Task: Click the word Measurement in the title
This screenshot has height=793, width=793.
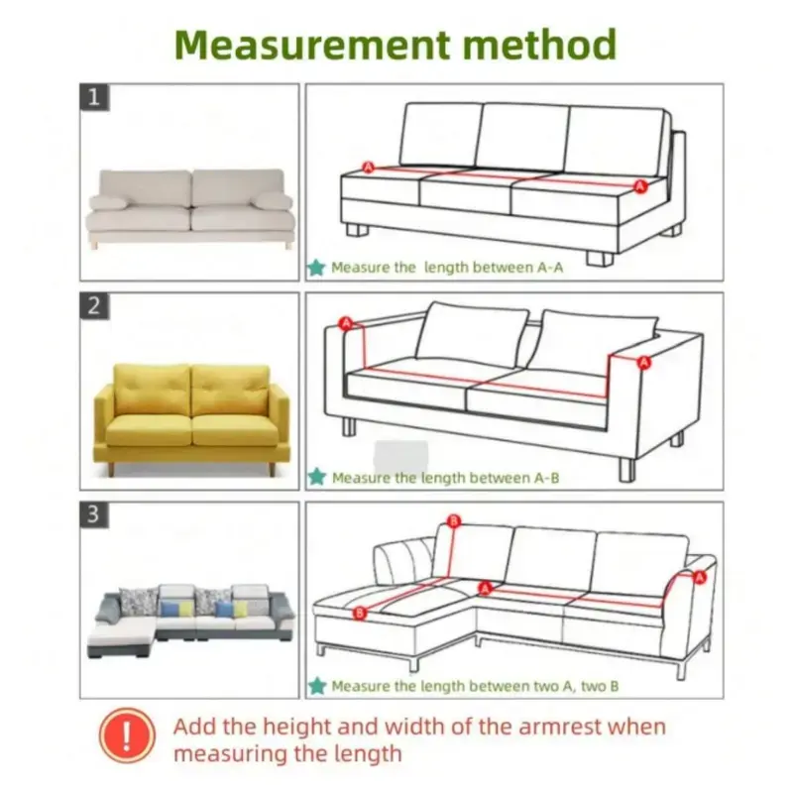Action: pos(312,45)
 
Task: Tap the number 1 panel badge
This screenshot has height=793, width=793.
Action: pos(94,97)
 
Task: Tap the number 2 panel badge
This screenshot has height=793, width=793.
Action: pos(94,306)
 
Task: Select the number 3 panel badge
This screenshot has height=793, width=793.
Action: pos(94,514)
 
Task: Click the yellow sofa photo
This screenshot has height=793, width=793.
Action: pos(191,418)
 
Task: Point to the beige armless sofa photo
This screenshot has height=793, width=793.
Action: pos(189,208)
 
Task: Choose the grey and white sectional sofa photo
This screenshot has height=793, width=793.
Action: pos(190,621)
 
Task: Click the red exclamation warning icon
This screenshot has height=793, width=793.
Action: pos(127,735)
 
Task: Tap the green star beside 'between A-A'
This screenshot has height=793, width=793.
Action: pos(316,267)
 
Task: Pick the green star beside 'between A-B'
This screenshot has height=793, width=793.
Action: pos(317,477)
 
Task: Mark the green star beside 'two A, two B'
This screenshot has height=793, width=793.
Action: pos(317,686)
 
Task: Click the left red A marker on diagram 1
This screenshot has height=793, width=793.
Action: pos(368,167)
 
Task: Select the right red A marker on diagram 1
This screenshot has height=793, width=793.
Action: pos(640,186)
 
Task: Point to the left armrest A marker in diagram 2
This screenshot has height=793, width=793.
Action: pos(346,323)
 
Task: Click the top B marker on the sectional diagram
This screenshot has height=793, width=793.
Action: pos(454,521)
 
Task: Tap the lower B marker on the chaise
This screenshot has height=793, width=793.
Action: pos(360,613)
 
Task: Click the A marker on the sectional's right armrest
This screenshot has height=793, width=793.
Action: pos(700,577)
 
